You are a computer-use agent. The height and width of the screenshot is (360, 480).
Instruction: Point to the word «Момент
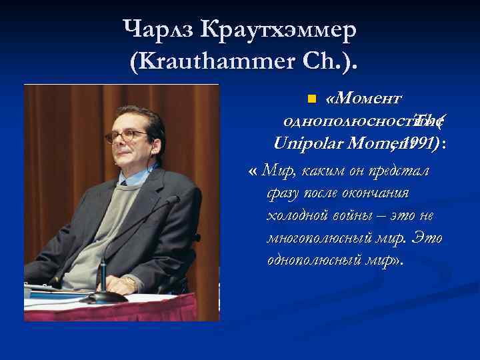pos(363,100)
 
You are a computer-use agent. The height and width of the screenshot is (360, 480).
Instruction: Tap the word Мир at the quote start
pos(278,171)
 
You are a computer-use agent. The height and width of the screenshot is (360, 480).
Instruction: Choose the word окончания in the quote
pos(379,193)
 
